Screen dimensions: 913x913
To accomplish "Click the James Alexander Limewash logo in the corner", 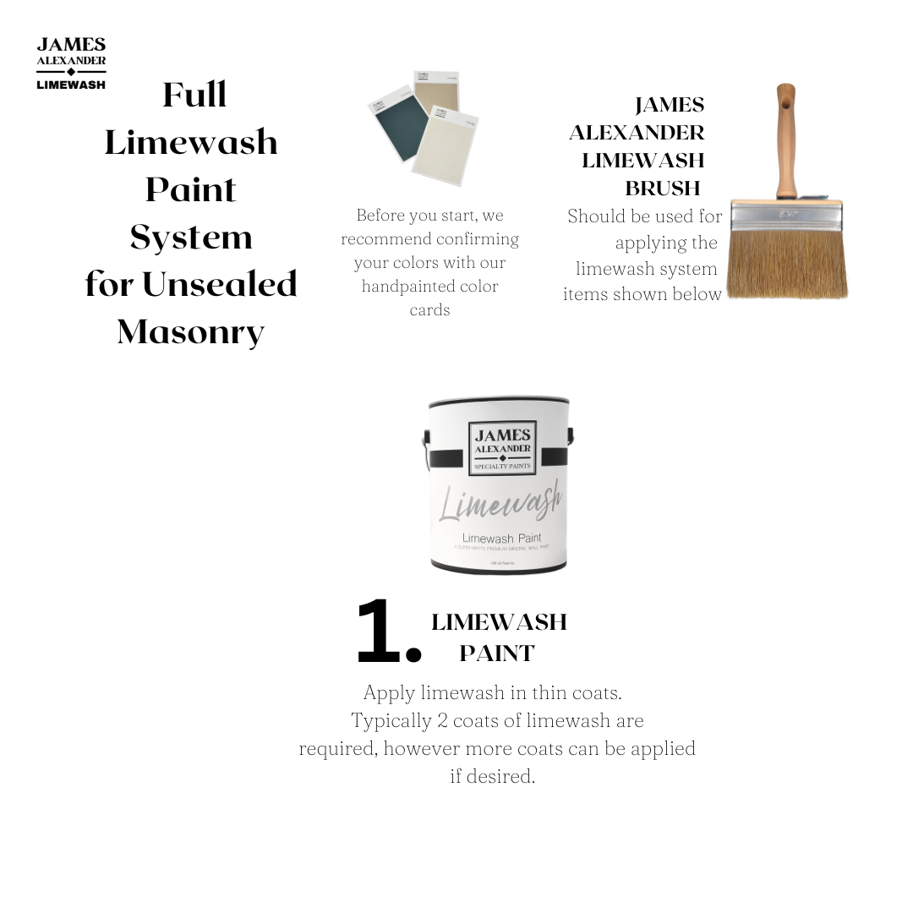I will pyautogui.click(x=71, y=63).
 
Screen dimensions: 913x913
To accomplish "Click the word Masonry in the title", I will pyautogui.click(x=191, y=331).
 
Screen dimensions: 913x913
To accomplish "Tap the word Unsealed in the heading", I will pyautogui.click(x=220, y=284).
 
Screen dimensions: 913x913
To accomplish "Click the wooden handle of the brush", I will pyautogui.click(x=786, y=144).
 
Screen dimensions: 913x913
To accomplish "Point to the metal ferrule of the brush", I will pyautogui.click(x=786, y=216).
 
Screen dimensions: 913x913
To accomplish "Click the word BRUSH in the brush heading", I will pyautogui.click(x=663, y=187).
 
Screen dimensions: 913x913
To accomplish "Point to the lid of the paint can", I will pyautogui.click(x=499, y=402).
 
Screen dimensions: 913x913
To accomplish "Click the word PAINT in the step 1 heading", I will pyautogui.click(x=497, y=653).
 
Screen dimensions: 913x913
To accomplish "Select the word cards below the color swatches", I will pyautogui.click(x=429, y=310).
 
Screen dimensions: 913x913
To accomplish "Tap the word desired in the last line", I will pyautogui.click(x=504, y=776).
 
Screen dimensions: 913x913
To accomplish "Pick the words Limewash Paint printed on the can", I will pyautogui.click(x=501, y=539).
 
